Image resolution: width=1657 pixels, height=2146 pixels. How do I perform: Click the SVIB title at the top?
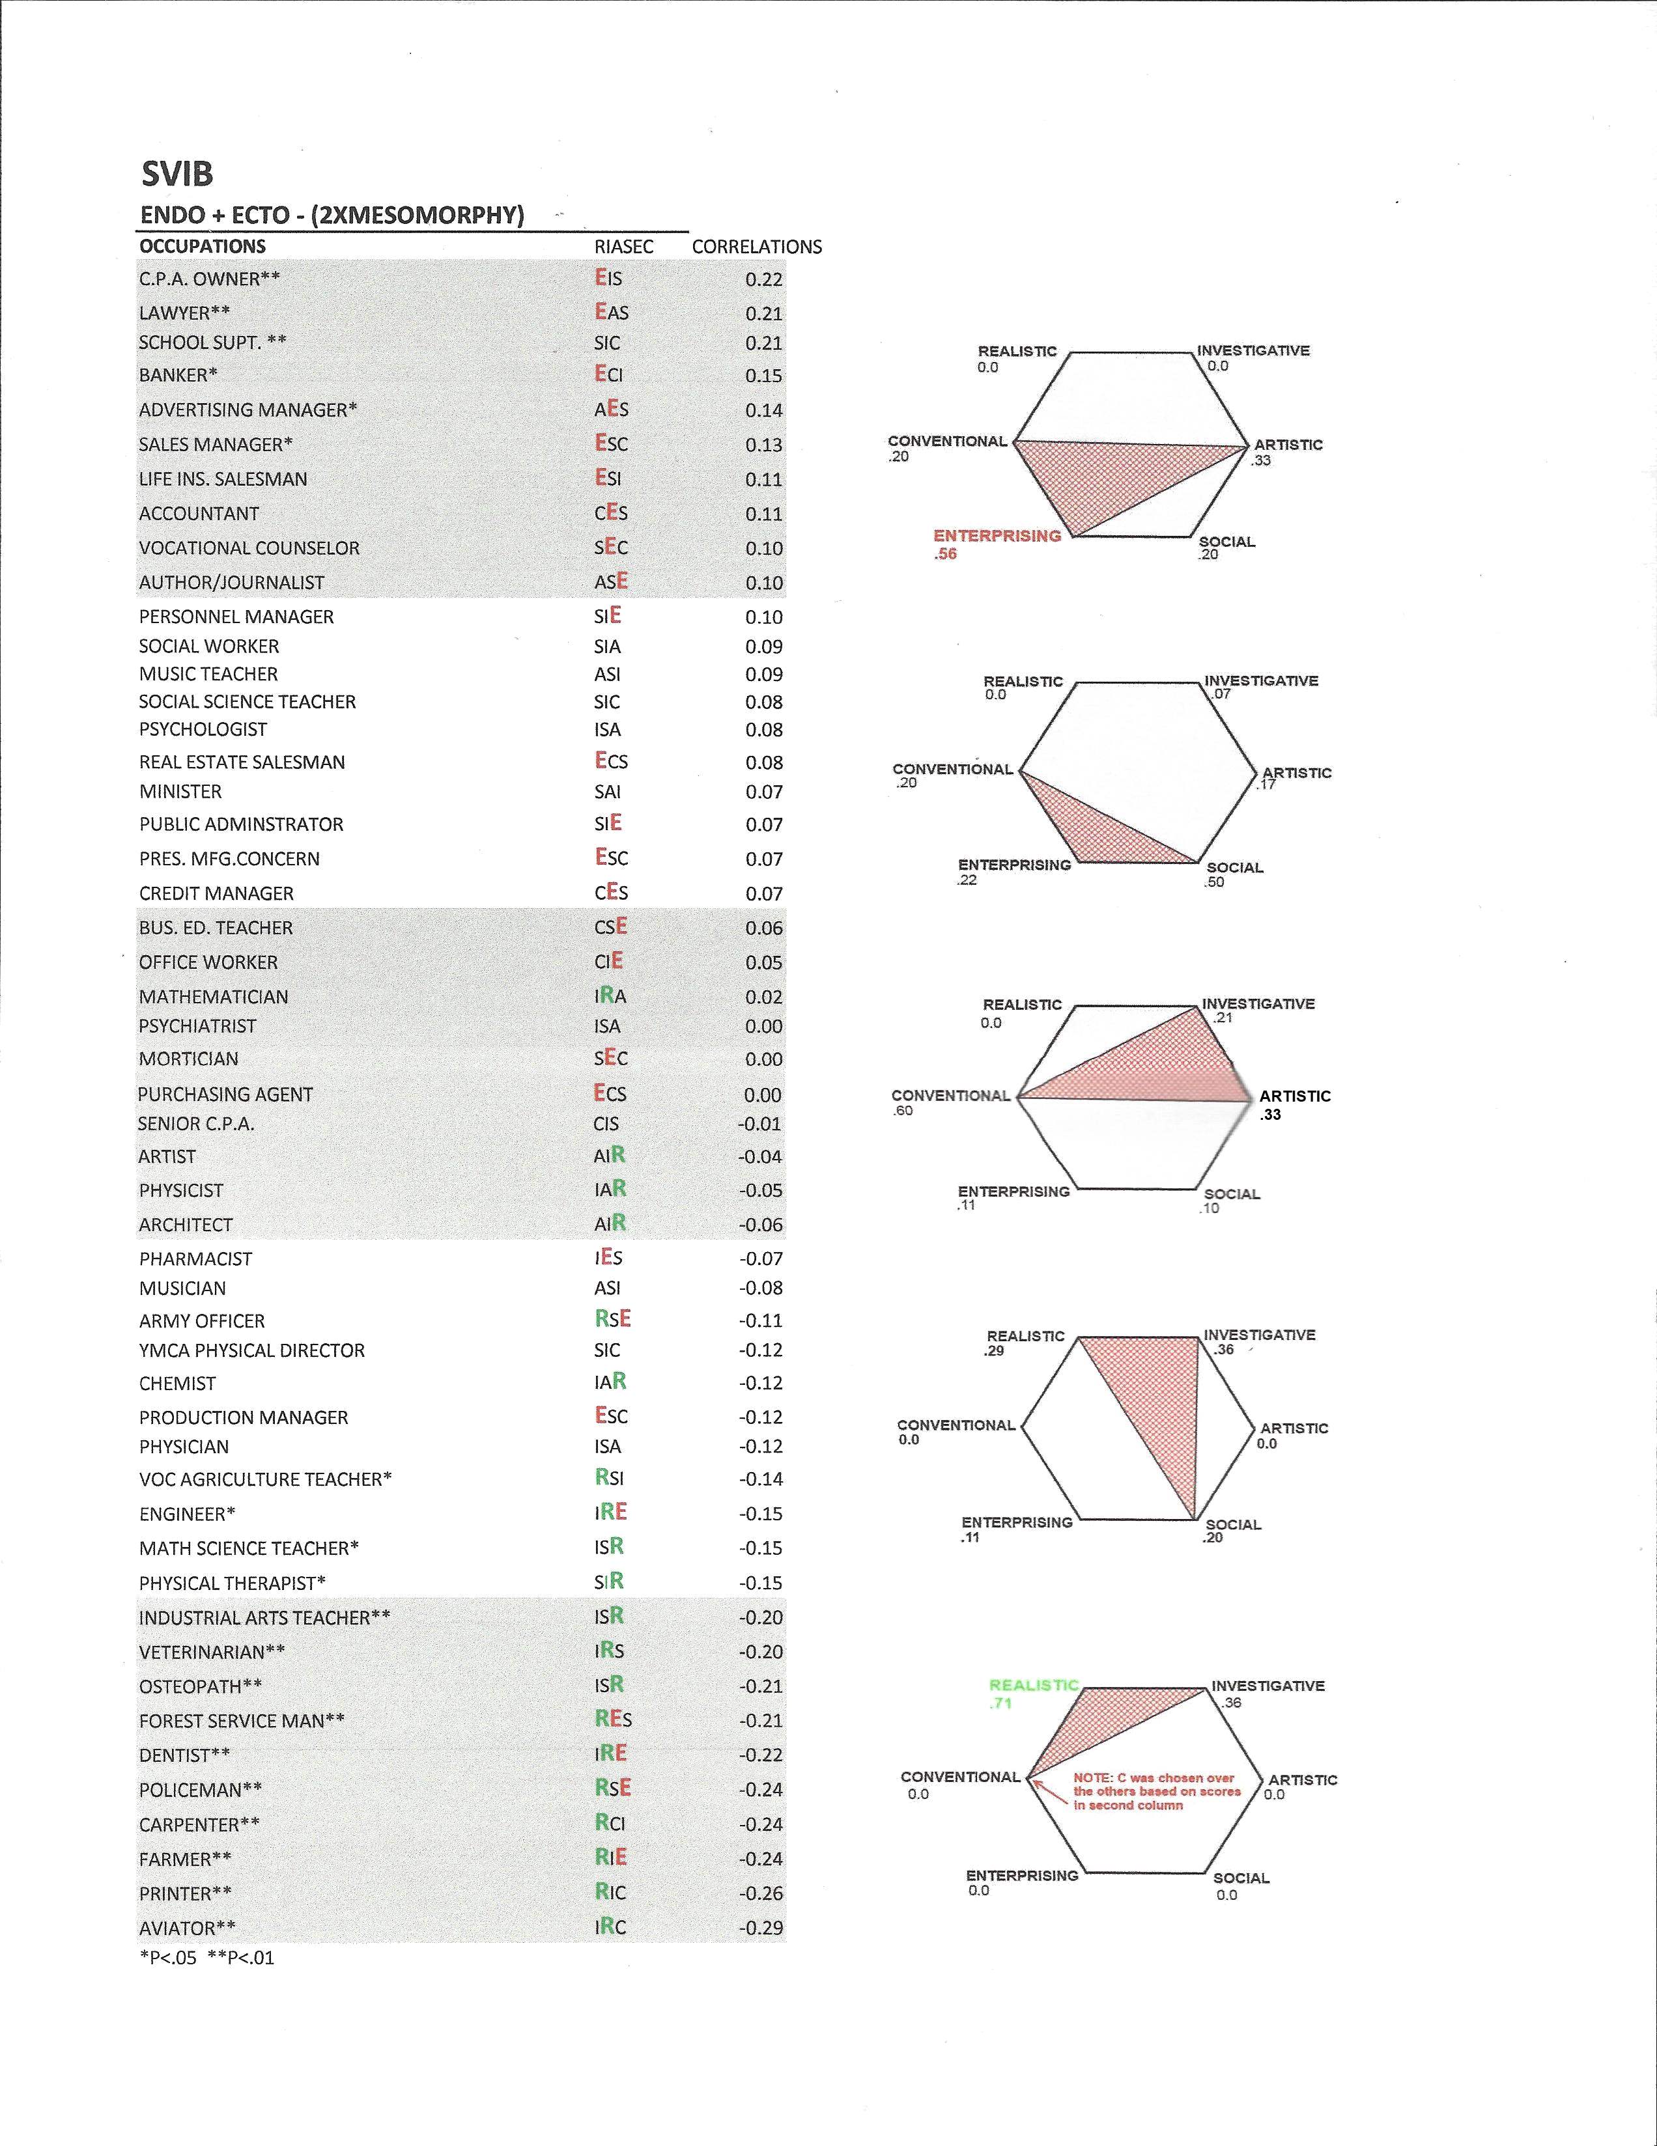[x=177, y=174]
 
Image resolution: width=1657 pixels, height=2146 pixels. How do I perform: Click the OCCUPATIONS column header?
[x=203, y=245]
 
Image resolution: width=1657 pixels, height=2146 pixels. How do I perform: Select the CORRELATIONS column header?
[x=757, y=247]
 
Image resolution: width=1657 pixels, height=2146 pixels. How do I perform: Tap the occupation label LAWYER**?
[x=185, y=313]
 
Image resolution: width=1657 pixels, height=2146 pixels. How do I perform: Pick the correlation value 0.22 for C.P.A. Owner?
[x=763, y=279]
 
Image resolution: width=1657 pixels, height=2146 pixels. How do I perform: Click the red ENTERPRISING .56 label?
[x=997, y=544]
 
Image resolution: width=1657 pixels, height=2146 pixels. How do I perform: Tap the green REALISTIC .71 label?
[x=1033, y=1693]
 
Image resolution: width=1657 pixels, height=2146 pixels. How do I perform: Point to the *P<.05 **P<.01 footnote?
[x=207, y=1957]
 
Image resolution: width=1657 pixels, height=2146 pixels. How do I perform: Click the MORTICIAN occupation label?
[x=189, y=1058]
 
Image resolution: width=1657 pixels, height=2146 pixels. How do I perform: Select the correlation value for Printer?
[x=761, y=1893]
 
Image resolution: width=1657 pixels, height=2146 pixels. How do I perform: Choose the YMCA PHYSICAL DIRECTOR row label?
[x=251, y=1350]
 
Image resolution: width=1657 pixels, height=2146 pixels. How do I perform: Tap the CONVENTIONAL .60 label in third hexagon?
[x=950, y=1102]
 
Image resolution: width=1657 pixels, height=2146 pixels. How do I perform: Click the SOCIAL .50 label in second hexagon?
[x=1234, y=874]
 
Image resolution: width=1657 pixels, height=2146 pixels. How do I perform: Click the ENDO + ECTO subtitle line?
[x=332, y=216]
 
